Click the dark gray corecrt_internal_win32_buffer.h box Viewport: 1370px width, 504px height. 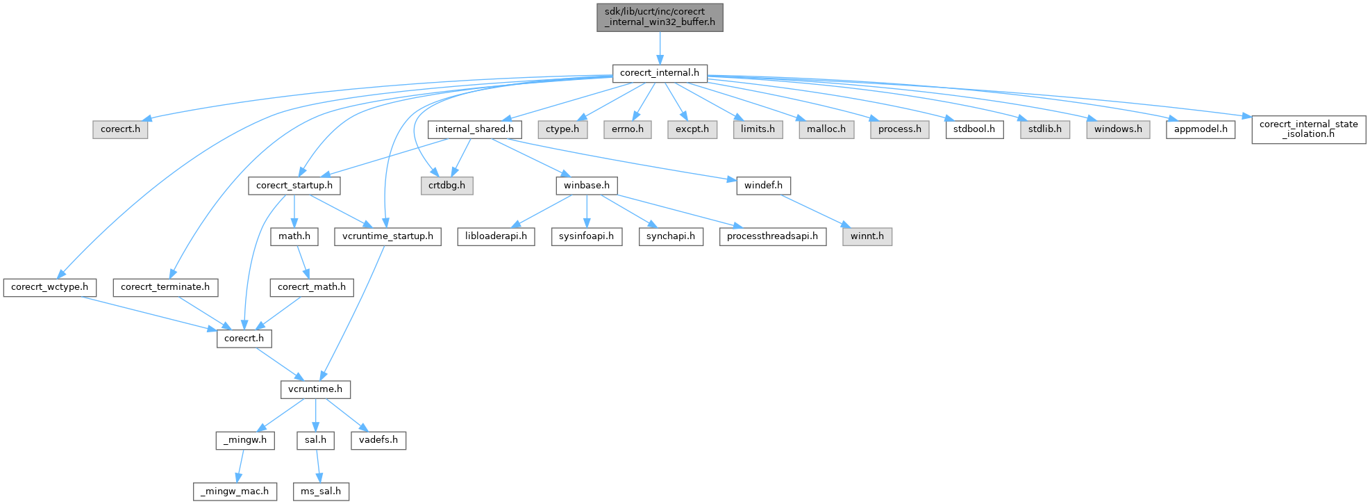(660, 17)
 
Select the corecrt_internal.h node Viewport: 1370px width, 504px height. (660, 73)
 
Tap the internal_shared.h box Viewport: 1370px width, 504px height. (474, 129)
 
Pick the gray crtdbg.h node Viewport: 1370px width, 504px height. (446, 186)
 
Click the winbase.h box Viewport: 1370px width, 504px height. (587, 186)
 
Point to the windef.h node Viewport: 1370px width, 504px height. (763, 186)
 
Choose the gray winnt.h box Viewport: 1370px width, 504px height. (867, 236)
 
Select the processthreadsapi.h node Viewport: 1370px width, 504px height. (772, 236)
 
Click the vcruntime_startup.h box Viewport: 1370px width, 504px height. (387, 236)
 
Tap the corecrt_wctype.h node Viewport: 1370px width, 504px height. (49, 287)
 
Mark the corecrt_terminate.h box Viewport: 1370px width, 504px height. (165, 287)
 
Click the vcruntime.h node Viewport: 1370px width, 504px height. (315, 389)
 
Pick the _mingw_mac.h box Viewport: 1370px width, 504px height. (235, 491)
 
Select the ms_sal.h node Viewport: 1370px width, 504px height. (321, 491)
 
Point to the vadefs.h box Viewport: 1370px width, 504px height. (378, 440)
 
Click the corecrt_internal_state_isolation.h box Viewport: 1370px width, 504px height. (1309, 129)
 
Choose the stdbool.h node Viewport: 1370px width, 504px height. (974, 129)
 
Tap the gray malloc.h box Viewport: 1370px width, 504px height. (826, 129)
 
